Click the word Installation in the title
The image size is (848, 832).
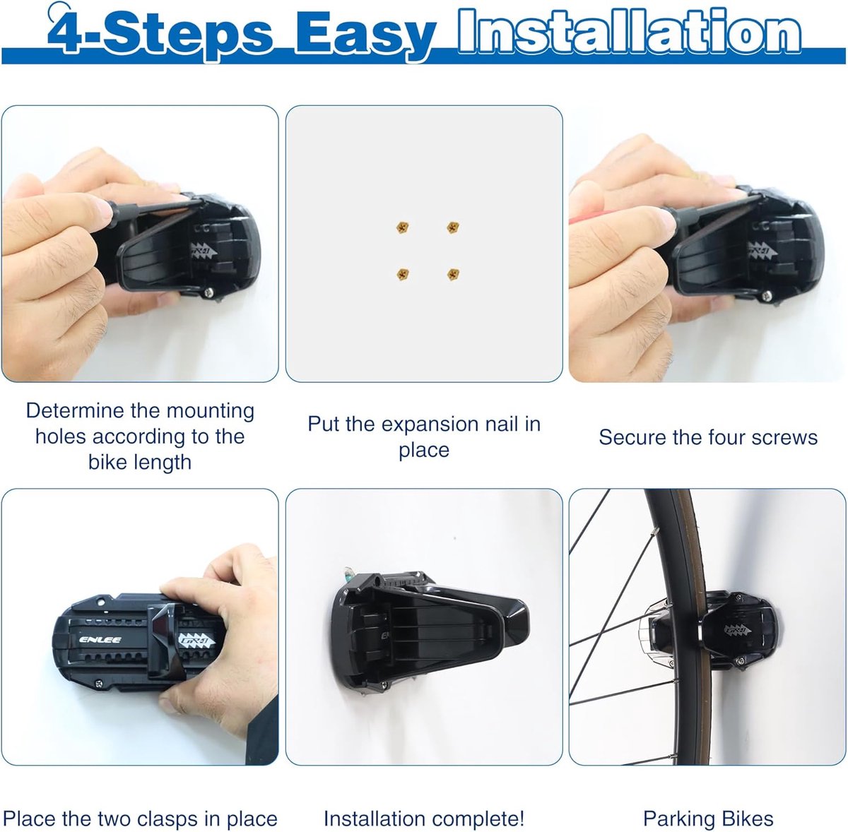[629, 32]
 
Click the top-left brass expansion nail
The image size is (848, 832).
[402, 227]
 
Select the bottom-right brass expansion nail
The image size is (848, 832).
[453, 273]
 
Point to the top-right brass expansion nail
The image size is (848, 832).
[453, 227]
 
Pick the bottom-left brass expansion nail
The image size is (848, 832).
[402, 273]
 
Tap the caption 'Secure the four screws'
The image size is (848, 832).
[707, 437]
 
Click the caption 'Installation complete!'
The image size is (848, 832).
[424, 819]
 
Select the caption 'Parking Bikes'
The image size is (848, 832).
[707, 819]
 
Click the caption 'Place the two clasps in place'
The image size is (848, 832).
[140, 819]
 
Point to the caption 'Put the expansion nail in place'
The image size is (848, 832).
[424, 436]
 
